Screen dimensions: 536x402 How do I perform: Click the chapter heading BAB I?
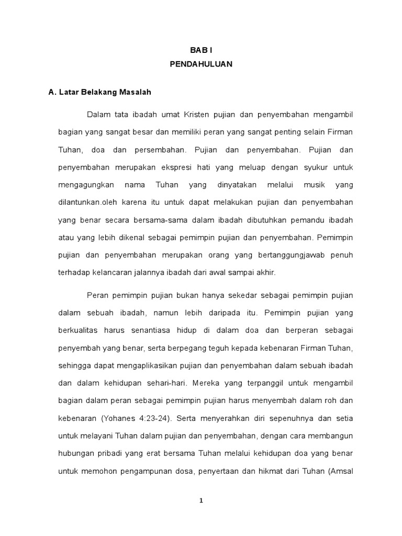(x=200, y=49)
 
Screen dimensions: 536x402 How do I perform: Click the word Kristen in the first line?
(x=197, y=114)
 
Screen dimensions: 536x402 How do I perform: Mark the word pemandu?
(x=307, y=219)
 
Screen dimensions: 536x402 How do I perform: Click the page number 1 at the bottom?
(x=201, y=500)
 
